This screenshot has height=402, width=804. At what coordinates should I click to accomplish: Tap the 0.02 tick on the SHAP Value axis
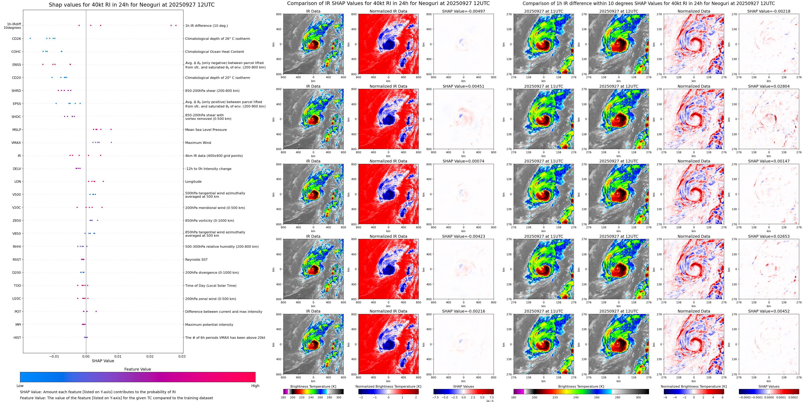point(150,356)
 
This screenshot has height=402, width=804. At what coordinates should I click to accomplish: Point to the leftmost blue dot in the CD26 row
point(30,38)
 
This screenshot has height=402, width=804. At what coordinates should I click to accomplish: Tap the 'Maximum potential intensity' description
point(209,325)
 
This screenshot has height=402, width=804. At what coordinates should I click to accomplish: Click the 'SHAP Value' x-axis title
point(103,361)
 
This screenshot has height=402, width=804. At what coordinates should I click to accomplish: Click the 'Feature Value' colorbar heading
point(137,369)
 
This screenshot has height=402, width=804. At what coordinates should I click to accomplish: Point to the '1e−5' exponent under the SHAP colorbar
point(489,401)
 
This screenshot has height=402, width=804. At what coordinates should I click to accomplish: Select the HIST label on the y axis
point(17,337)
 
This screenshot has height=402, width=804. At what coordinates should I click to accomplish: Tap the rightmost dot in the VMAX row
point(111,142)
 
